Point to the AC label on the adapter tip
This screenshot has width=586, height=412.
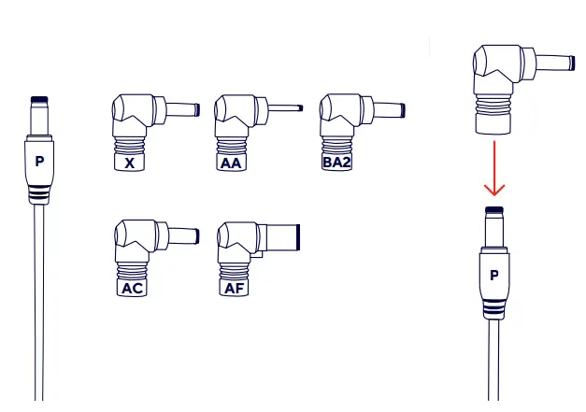(132, 288)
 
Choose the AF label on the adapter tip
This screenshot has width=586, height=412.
(233, 288)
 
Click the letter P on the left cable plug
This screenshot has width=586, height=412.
(39, 161)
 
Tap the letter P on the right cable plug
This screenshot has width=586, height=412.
(495, 275)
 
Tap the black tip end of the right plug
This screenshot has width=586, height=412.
(495, 210)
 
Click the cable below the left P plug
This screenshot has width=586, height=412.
(39, 299)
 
